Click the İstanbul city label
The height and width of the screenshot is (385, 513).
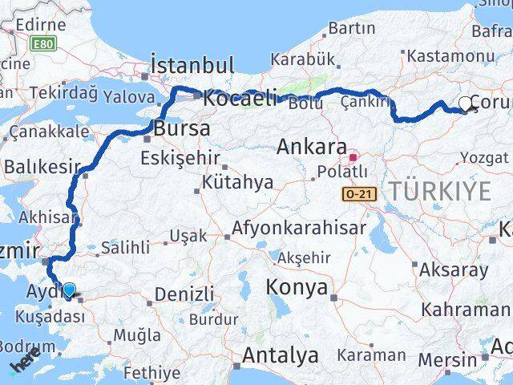(x=192, y=65)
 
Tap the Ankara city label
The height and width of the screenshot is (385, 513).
(x=311, y=148)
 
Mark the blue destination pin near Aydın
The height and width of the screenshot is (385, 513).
(x=70, y=290)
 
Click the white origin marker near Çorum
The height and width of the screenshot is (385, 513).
(x=466, y=103)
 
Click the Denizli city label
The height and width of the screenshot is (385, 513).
(x=184, y=294)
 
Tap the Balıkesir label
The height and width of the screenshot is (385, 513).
(x=43, y=167)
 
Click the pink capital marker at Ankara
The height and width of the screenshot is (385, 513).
(x=353, y=158)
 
